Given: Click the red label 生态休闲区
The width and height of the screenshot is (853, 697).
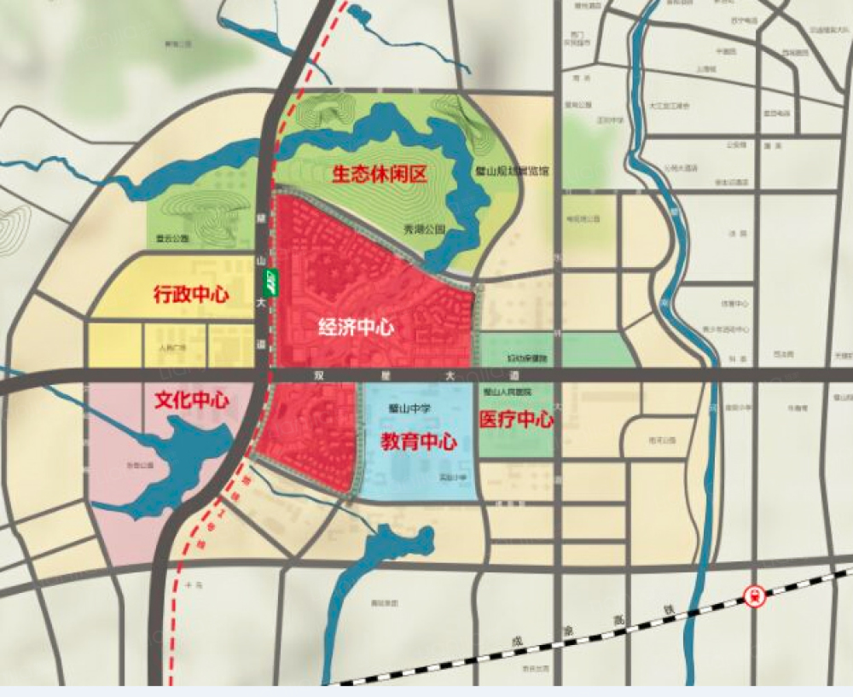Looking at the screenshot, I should point(379,175).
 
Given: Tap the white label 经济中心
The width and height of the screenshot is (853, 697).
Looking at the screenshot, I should point(355,327).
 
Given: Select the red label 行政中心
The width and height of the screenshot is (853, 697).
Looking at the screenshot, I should point(191,295).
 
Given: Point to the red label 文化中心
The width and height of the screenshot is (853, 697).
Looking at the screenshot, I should point(192,399).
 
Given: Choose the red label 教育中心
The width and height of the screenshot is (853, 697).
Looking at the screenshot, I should point(418,441).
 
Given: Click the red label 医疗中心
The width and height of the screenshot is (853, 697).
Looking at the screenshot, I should point(516,420).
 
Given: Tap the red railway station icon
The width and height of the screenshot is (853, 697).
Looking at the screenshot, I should point(755,595).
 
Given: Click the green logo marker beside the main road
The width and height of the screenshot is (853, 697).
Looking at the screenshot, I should point(270,282).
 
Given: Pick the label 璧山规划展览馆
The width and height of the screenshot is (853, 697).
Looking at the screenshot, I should point(512,171).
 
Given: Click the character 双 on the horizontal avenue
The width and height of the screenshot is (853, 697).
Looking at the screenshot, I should point(319,375).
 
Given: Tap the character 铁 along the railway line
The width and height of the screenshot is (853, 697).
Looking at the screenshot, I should point(668,611).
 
